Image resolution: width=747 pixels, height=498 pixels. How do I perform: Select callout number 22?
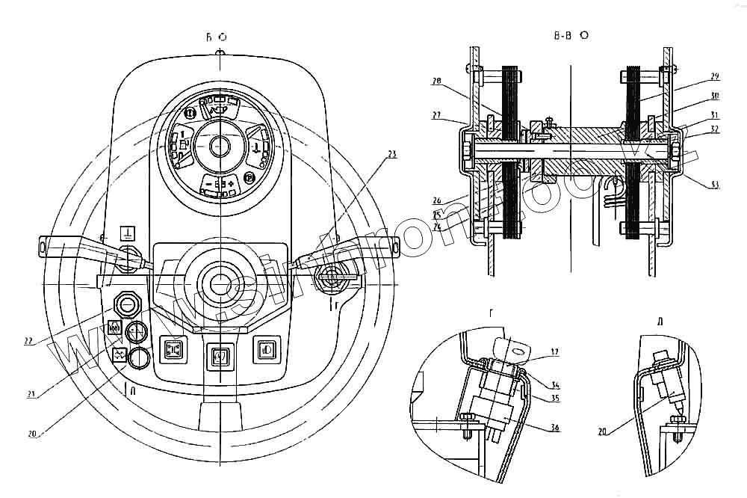[28, 342]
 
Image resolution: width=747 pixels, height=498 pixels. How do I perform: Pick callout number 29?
[714, 77]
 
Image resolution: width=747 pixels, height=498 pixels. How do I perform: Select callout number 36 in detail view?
[554, 427]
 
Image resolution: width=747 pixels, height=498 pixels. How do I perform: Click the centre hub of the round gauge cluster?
[220, 146]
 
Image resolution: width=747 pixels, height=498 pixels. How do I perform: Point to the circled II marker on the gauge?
[190, 113]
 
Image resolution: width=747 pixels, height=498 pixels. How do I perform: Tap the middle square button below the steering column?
[220, 354]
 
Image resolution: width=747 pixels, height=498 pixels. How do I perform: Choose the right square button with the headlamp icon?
[265, 349]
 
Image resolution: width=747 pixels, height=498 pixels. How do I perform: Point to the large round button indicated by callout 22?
[128, 304]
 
